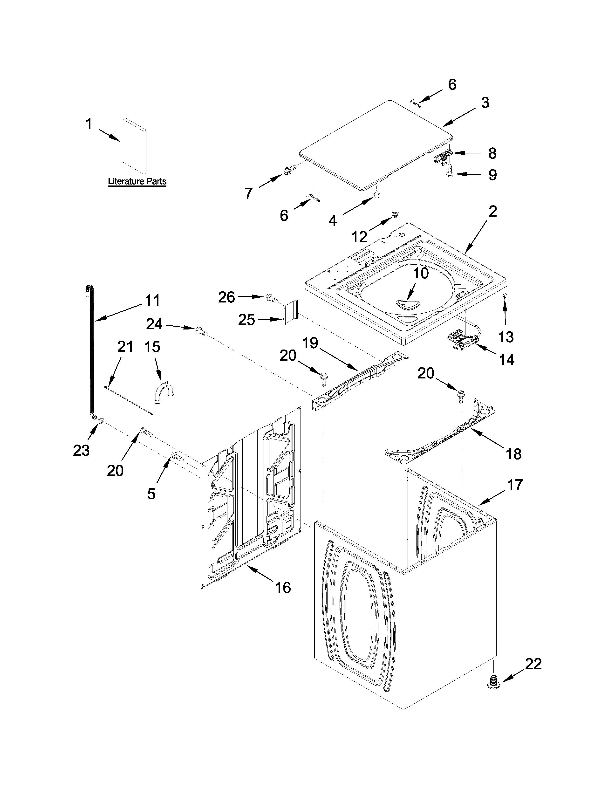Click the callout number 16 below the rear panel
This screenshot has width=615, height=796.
(x=283, y=588)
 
